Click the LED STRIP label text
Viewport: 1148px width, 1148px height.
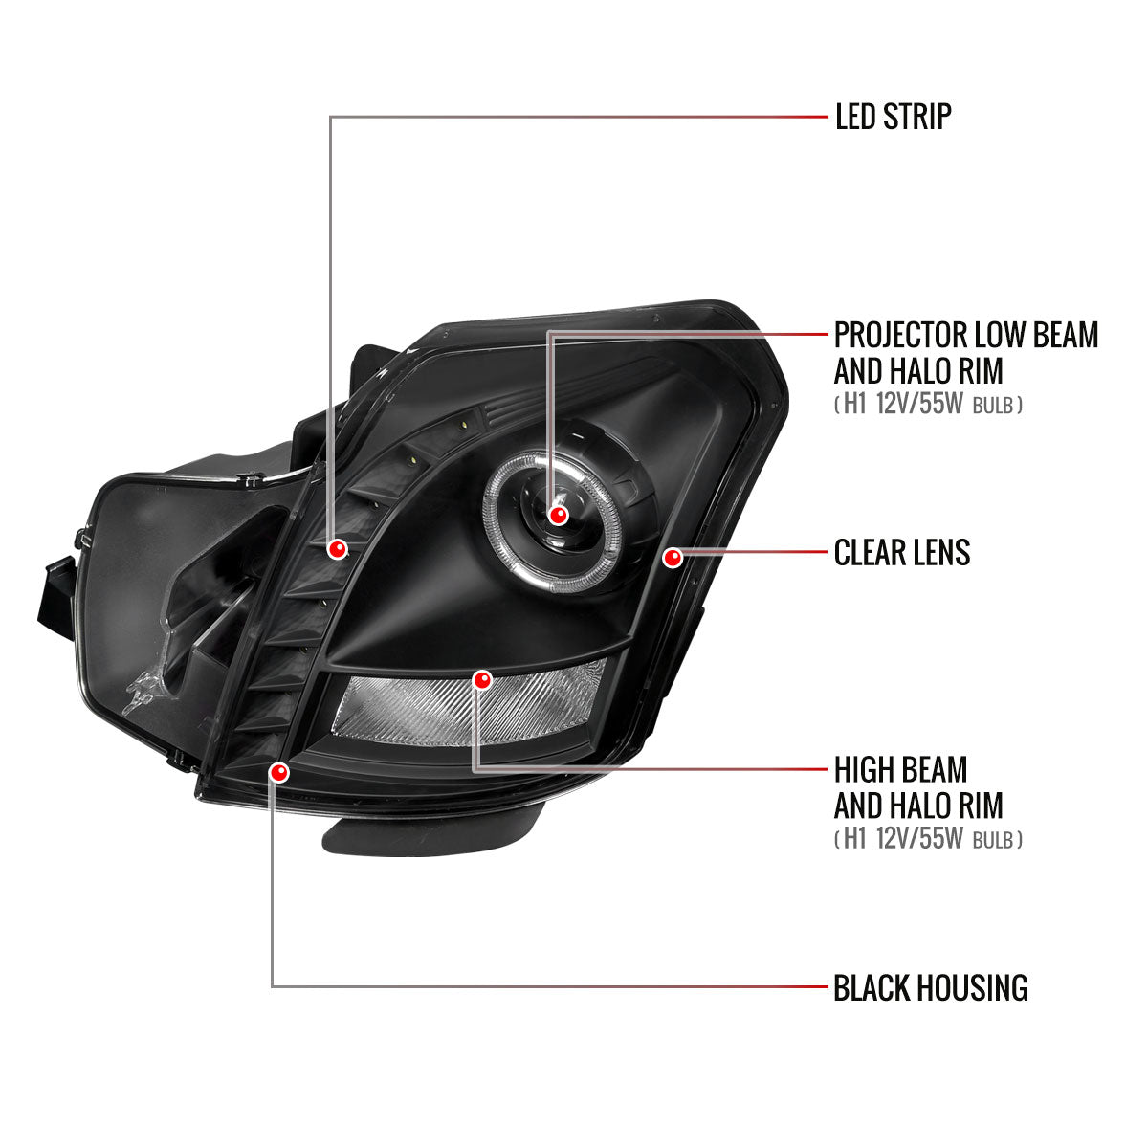893,117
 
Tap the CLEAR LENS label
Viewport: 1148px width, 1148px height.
901,552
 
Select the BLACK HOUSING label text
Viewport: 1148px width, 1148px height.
931,987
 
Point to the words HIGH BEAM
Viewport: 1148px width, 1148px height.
900,770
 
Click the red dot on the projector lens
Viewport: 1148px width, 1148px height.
558,515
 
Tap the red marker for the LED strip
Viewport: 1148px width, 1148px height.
338,549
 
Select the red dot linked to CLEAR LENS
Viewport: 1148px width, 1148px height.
673,558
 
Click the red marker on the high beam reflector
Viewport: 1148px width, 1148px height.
482,680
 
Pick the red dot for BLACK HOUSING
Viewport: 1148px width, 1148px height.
278,773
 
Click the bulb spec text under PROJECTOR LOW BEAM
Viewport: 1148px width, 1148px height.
928,405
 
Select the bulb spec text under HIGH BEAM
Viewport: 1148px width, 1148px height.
928,839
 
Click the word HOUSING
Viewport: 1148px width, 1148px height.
972,987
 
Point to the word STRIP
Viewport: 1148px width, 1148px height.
917,117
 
